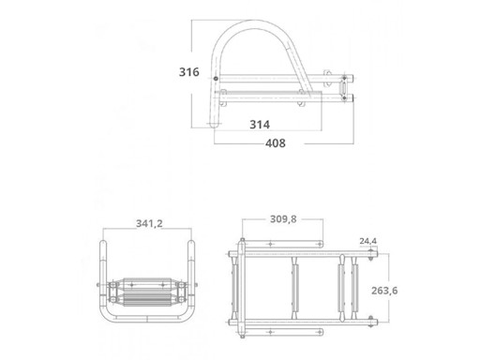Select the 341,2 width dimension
tap(150, 223)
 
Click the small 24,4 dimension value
tap(368, 241)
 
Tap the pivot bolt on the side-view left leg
tap(217, 77)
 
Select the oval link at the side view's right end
tap(351, 84)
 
